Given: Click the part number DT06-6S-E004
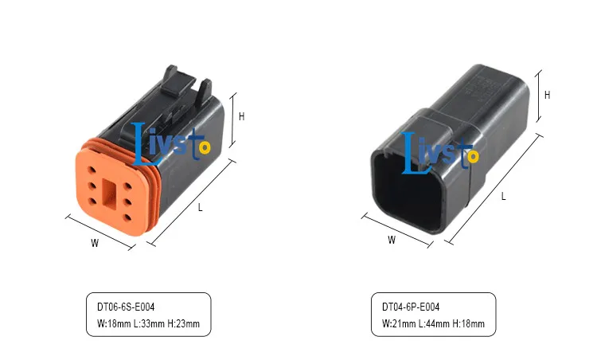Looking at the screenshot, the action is click(x=126, y=307).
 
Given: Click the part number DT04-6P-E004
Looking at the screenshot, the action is click(x=411, y=307).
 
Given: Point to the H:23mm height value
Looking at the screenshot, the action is click(x=184, y=324).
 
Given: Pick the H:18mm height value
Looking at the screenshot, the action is click(x=469, y=324).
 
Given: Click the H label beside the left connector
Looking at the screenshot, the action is click(x=241, y=116).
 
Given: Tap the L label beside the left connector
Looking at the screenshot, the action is click(x=201, y=208).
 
